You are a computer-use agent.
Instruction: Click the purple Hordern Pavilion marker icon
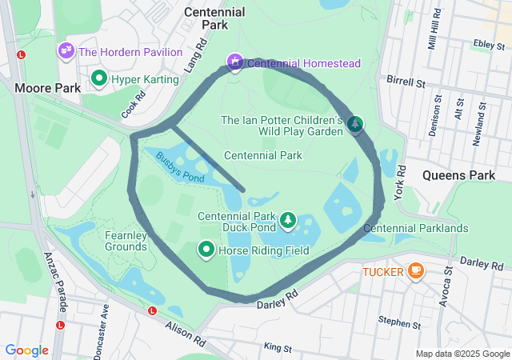pyautogui.click(x=66, y=52)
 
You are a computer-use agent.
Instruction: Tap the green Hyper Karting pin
pyautogui.click(x=99, y=78)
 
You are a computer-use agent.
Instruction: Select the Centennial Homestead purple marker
pyautogui.click(x=234, y=62)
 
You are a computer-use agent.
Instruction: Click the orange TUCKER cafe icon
pyautogui.click(x=415, y=271)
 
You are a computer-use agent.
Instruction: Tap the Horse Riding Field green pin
pyautogui.click(x=206, y=250)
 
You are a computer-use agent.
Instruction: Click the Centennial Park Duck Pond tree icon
pyautogui.click(x=287, y=219)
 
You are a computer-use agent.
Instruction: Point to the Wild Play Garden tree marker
pyautogui.click(x=354, y=124)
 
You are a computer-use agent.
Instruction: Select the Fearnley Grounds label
pyautogui.click(x=126, y=241)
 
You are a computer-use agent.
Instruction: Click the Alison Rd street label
pyautogui.click(x=186, y=334)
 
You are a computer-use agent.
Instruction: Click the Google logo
pyautogui.click(x=26, y=350)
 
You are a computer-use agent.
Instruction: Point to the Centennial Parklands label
pyautogui.click(x=416, y=229)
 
